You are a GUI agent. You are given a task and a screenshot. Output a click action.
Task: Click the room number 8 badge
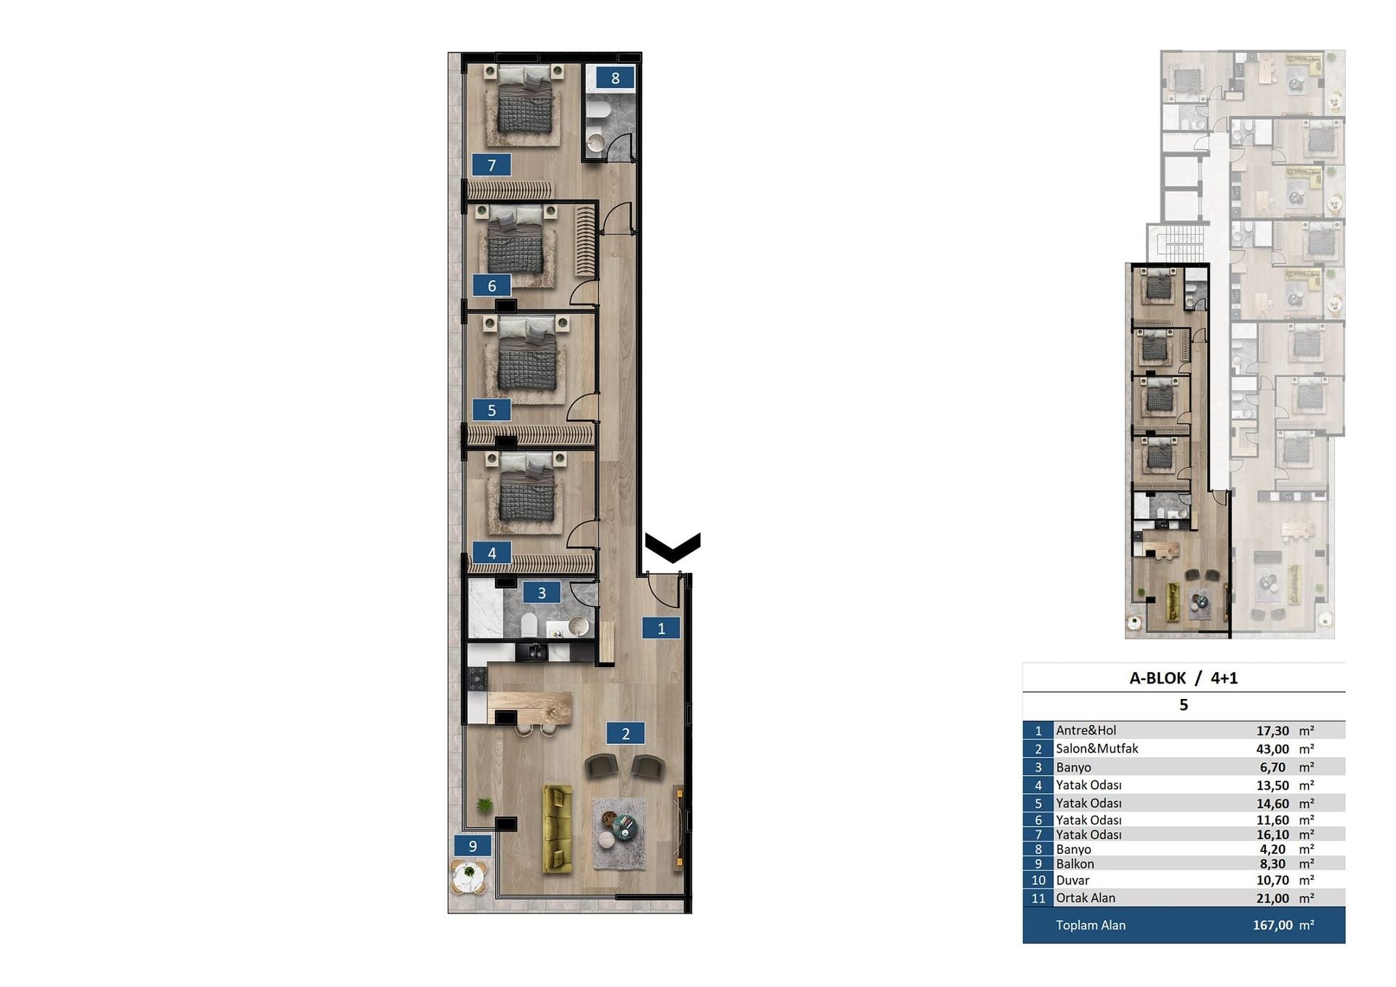tap(615, 78)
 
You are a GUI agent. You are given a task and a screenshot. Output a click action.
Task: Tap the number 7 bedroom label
tap(492, 165)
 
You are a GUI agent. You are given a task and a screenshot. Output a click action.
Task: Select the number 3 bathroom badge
tap(542, 593)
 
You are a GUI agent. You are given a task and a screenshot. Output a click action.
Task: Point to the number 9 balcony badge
tap(473, 845)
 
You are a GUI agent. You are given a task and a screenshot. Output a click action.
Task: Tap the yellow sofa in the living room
tap(558, 828)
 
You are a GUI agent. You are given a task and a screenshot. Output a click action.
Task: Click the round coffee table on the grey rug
tap(624, 826)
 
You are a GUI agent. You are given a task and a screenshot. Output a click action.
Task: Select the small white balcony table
tap(469, 876)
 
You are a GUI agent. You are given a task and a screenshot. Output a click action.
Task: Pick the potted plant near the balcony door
tap(484, 804)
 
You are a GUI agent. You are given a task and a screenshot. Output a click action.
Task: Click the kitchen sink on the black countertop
tap(535, 652)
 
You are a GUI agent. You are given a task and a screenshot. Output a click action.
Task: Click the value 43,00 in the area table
tap(1272, 749)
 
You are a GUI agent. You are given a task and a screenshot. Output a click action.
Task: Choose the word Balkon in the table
tap(1075, 864)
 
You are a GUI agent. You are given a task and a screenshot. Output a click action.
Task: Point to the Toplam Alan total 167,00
tap(1272, 925)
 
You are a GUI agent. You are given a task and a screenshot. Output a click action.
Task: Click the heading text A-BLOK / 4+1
tap(1183, 678)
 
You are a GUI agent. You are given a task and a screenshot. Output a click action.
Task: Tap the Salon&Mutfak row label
tap(1096, 748)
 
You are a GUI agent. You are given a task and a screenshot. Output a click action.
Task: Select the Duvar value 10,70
tap(1272, 880)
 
